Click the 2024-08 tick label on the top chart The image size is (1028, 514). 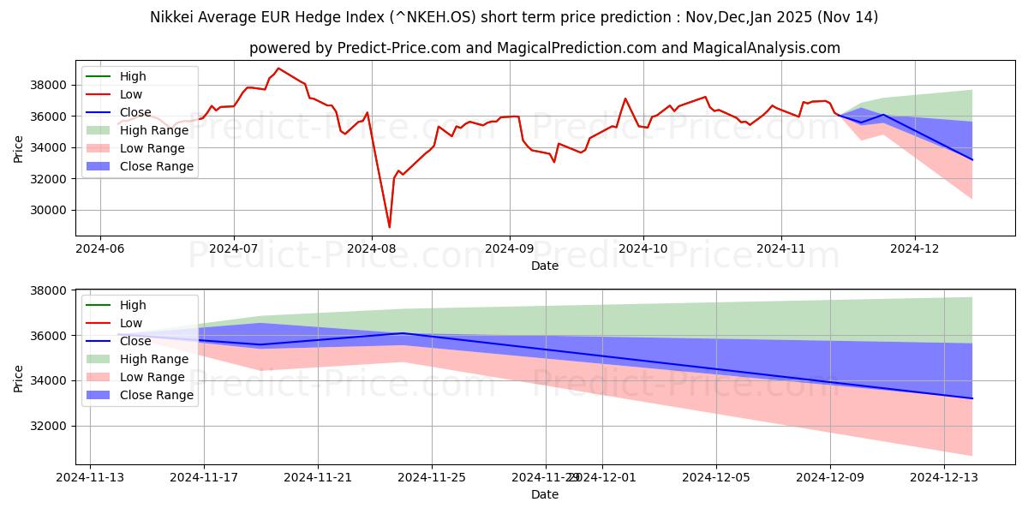pyautogui.click(x=371, y=248)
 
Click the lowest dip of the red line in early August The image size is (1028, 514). pyautogui.click(x=390, y=227)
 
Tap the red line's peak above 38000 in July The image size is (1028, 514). pyautogui.click(x=278, y=69)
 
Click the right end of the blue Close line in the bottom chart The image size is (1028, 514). pyautogui.click(x=971, y=398)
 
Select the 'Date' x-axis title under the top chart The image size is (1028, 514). pyautogui.click(x=544, y=266)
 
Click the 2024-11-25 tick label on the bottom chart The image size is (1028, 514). pyautogui.click(x=432, y=477)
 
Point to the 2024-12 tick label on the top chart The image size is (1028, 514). pyautogui.click(x=915, y=248)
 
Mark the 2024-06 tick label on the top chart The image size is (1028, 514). pyautogui.click(x=100, y=248)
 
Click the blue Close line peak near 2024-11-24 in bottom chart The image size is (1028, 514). pyautogui.click(x=403, y=333)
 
